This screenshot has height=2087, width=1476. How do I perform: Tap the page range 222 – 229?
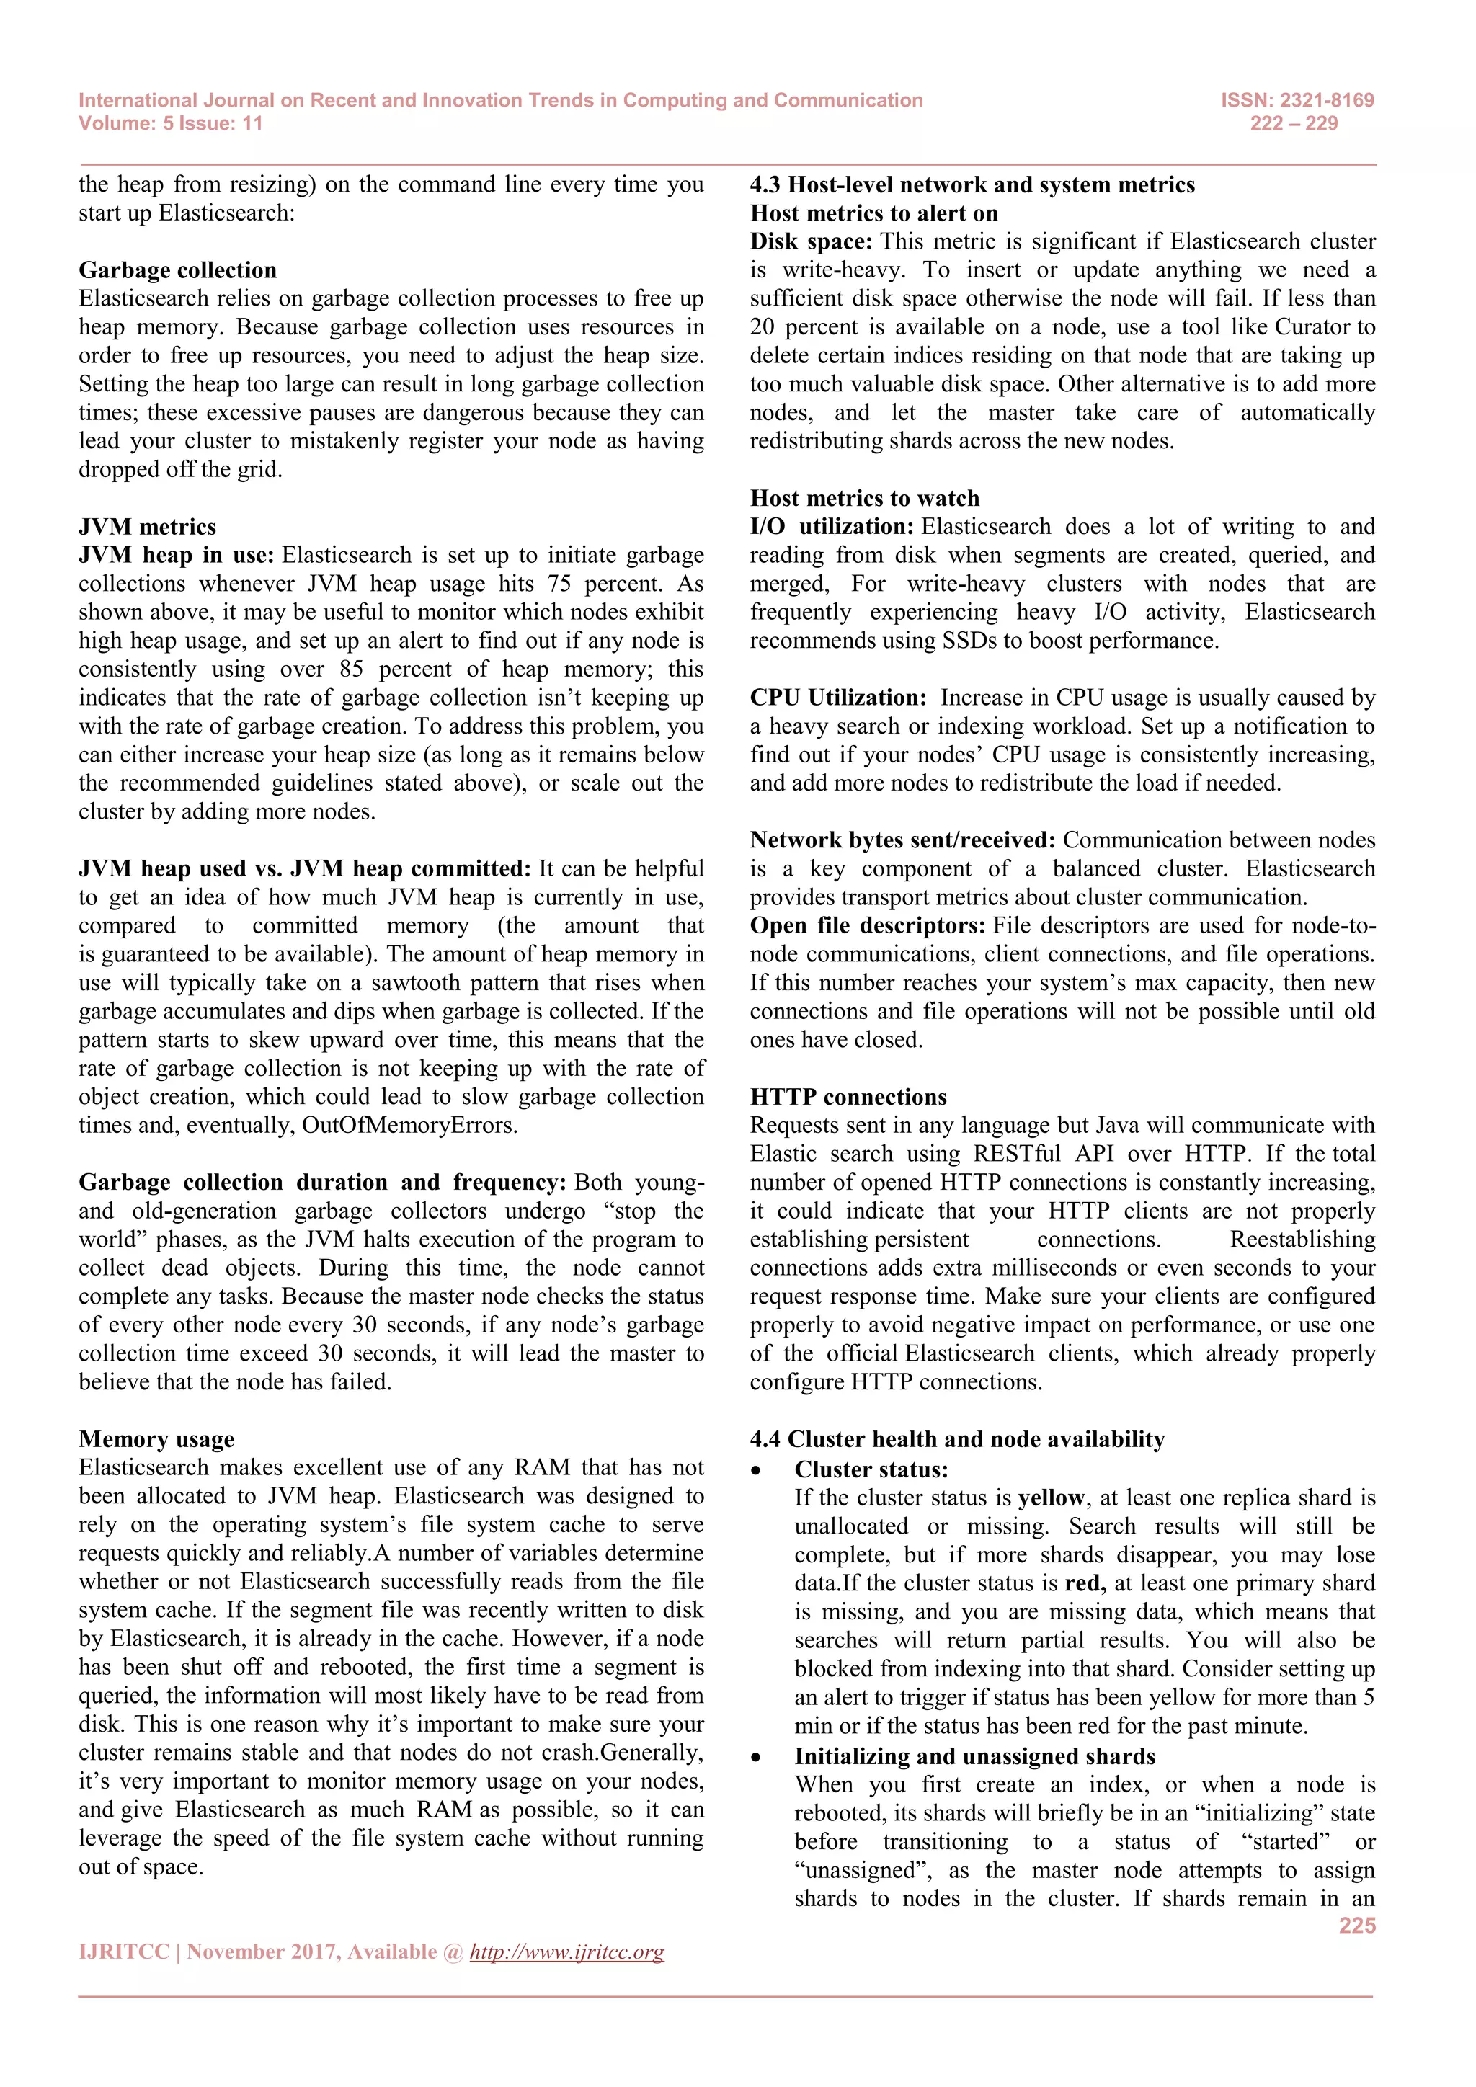tap(1294, 124)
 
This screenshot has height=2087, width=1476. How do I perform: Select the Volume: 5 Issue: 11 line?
tap(170, 124)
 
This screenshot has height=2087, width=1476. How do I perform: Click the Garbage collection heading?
tap(177, 270)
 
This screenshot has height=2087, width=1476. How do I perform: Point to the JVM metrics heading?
tap(147, 526)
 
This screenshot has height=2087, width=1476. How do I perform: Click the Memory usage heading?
tap(156, 1439)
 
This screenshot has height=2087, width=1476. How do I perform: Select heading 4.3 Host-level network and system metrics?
tap(972, 184)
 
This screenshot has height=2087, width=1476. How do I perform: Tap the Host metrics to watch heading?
tap(864, 498)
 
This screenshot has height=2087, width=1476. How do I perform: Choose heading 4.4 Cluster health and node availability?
tap(957, 1439)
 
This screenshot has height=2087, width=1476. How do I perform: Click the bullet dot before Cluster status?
tap(755, 1471)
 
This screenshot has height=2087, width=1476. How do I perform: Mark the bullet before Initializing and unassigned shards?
tap(755, 1757)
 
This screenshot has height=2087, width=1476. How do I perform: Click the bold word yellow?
tap(1051, 1498)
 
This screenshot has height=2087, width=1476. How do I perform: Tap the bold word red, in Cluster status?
tap(1084, 1583)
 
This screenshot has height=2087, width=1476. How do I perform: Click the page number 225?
tap(1356, 1925)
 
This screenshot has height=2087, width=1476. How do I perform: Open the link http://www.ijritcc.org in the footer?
tap(566, 1952)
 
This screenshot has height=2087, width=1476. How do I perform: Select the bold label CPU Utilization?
tap(837, 697)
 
